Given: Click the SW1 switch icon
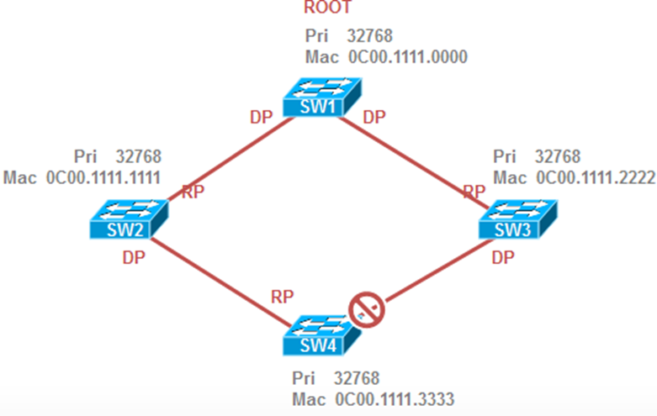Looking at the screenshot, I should [321, 99].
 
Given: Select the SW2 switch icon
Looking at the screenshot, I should [128, 221].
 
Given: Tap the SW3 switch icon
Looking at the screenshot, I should [516, 221].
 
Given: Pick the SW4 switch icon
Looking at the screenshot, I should [321, 334].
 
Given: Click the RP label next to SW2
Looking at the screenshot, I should [193, 191].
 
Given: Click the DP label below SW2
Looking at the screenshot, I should [134, 258].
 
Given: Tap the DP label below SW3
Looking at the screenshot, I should [503, 256].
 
